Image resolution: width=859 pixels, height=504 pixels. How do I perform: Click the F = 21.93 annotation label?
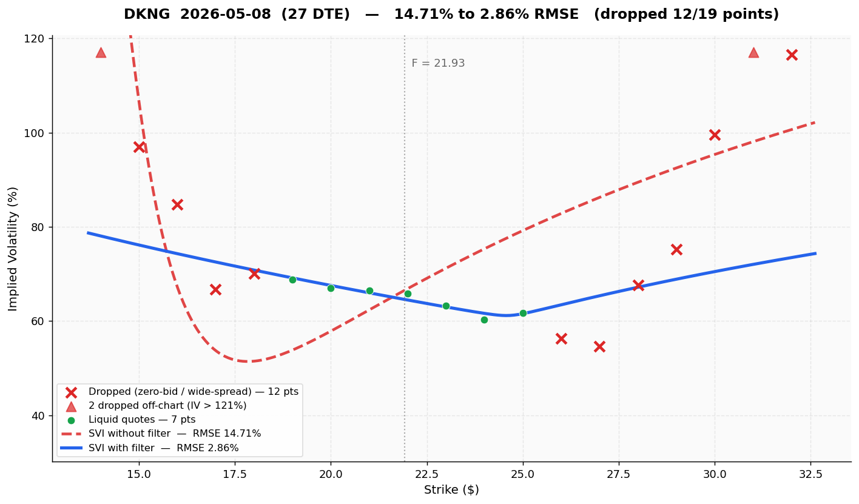coord(438,64)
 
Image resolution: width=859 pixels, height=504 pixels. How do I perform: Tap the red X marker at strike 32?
coord(792,55)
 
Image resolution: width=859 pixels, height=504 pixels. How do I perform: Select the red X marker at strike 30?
coord(715,135)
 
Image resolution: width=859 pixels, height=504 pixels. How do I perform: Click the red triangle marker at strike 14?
coord(101,53)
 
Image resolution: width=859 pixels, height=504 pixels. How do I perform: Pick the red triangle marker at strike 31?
coord(753,53)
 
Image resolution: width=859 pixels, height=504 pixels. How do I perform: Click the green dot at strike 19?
coord(292,280)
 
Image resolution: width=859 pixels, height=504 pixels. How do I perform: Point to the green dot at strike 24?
coord(484,320)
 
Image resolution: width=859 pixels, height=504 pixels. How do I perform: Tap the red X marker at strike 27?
coord(599,346)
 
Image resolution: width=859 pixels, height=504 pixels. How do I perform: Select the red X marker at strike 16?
coord(177,204)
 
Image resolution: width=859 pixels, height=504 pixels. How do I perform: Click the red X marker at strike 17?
coord(215,289)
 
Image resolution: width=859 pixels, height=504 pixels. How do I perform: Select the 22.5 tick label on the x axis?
coord(426,473)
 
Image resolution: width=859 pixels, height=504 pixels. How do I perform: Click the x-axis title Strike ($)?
coord(451,490)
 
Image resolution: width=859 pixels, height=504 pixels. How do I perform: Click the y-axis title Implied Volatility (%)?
coord(13,249)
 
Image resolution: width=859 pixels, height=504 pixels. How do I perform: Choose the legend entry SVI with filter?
coord(163,448)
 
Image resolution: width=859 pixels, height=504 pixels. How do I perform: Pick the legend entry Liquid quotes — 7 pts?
coord(142,420)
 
